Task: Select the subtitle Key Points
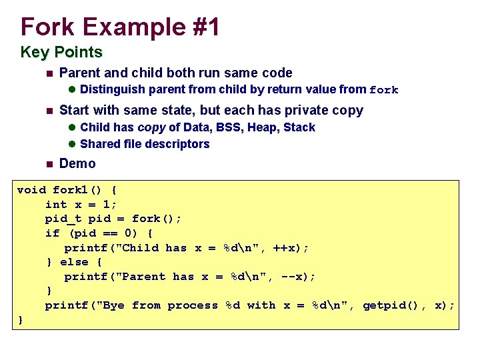click(61, 52)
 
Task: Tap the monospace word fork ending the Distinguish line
click(383, 90)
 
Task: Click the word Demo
click(77, 163)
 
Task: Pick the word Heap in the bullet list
click(263, 127)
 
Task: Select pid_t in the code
click(63, 219)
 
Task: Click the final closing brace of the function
click(20, 320)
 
